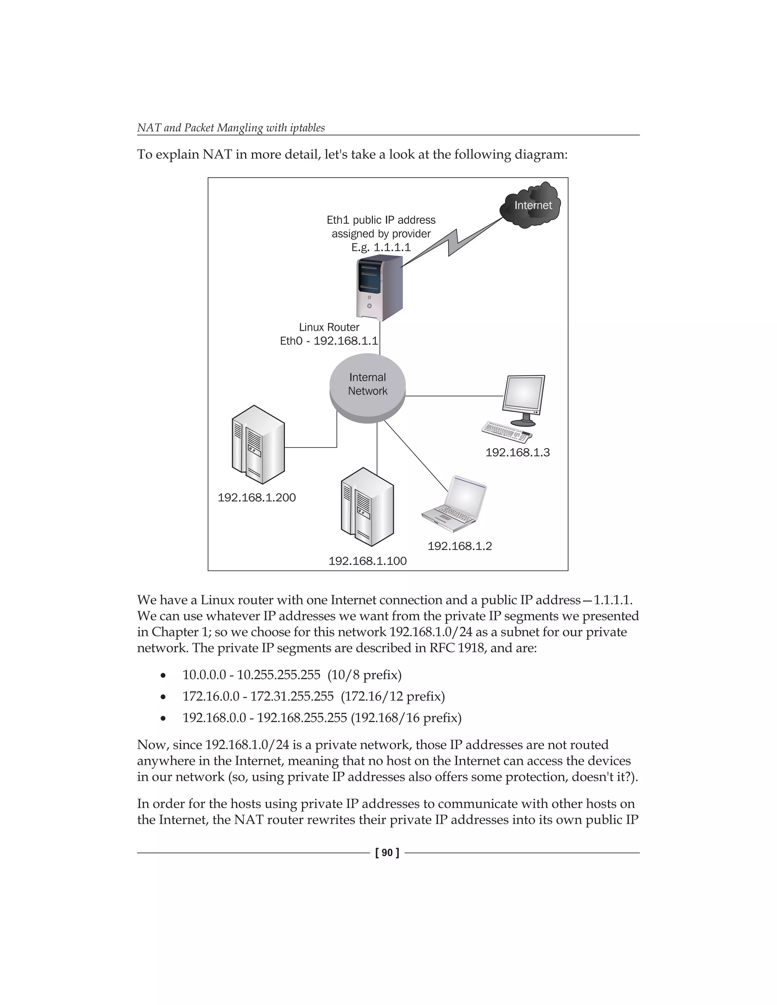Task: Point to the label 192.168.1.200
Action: [256, 498]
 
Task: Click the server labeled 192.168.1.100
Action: [367, 507]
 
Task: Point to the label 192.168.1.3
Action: [517, 452]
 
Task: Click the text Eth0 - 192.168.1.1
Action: [329, 341]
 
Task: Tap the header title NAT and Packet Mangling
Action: [231, 128]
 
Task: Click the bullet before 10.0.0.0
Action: [163, 676]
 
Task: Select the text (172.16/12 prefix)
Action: [393, 696]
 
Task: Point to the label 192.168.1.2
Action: [459, 546]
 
